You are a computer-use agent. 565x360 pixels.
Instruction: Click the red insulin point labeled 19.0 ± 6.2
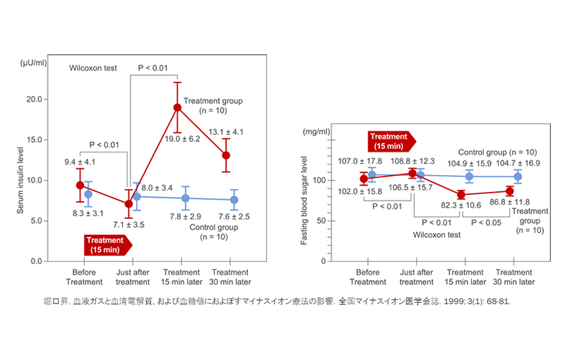point(177,108)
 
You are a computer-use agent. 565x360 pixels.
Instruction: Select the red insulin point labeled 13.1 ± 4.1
point(226,155)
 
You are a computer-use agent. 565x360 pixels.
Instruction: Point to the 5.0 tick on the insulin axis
point(36,221)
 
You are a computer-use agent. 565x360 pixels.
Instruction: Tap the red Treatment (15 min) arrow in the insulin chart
point(107,244)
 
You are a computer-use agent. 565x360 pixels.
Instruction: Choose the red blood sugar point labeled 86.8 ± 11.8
point(509,191)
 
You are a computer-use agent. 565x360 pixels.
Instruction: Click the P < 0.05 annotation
point(487,222)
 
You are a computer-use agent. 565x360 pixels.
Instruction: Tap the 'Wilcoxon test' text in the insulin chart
point(93,68)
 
